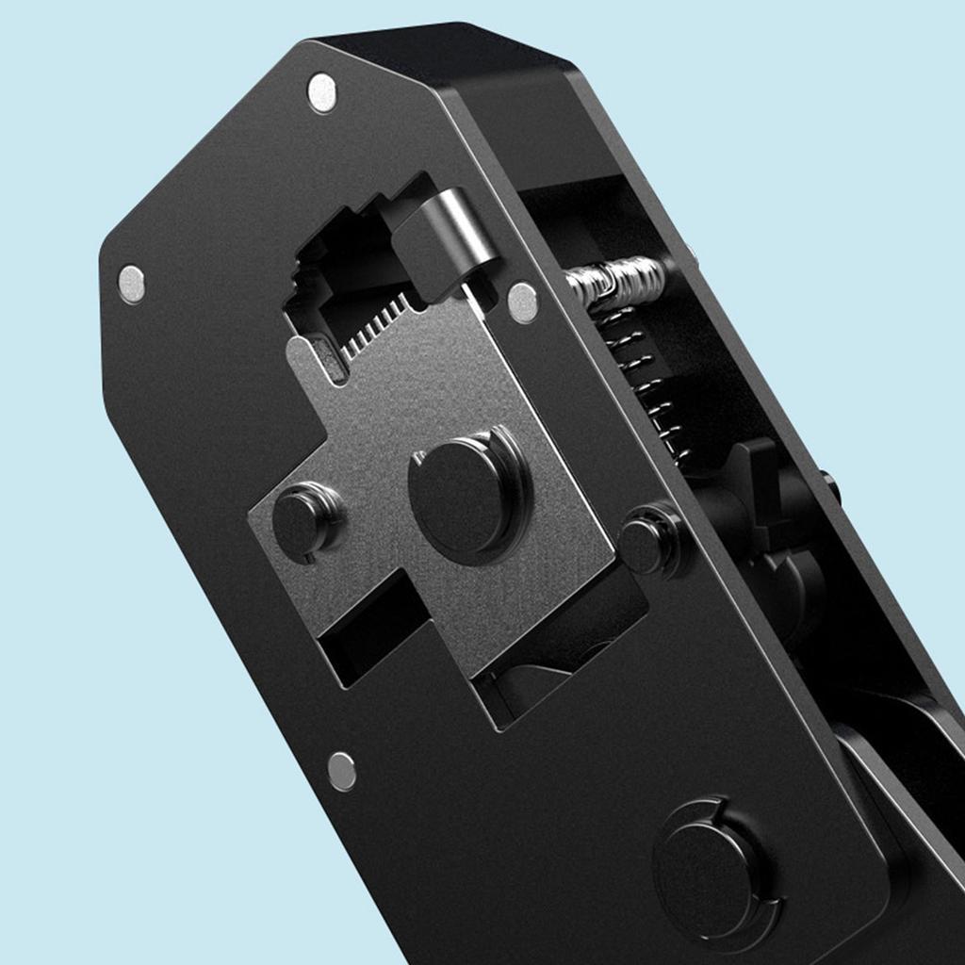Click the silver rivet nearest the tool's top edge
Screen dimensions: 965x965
(322, 92)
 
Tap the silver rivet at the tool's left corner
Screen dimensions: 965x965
(132, 284)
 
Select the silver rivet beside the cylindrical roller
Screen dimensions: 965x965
(522, 303)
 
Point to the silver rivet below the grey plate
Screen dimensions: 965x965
(342, 771)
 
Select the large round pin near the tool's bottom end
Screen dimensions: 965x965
(712, 868)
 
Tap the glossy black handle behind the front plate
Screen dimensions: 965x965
(905, 754)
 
